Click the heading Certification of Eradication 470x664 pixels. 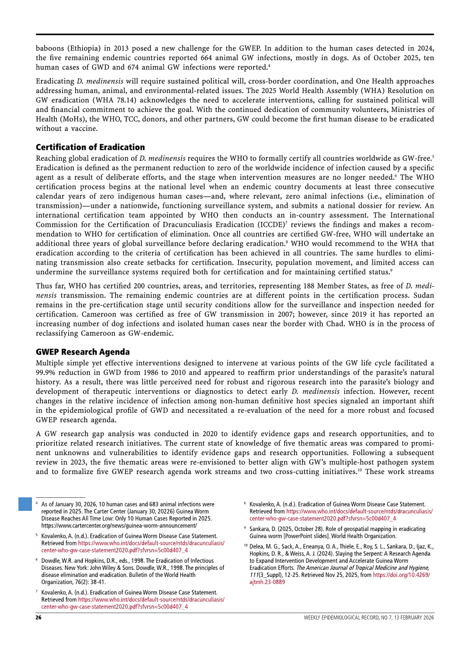click(90, 147)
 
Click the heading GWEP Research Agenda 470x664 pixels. click(82, 352)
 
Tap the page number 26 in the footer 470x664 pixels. click(38, 617)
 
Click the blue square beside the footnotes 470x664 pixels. click(25, 504)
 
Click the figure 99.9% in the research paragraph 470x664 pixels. click(47, 372)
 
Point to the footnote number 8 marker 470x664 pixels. click(245, 504)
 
